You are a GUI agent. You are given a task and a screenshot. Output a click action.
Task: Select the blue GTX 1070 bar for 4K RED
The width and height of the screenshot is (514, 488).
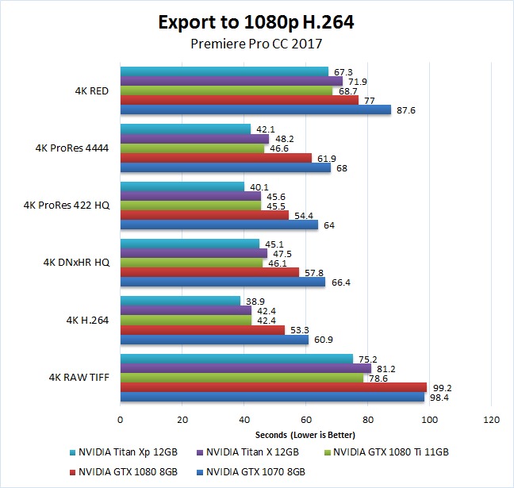click(x=255, y=110)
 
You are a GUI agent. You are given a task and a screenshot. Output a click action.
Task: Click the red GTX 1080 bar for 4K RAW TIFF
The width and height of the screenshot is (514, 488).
click(x=274, y=387)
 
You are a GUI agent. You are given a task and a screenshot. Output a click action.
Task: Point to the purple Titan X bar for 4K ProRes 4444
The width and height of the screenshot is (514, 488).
click(x=194, y=139)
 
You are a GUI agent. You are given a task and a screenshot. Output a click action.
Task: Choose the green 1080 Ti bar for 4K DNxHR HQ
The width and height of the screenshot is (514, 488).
click(x=191, y=263)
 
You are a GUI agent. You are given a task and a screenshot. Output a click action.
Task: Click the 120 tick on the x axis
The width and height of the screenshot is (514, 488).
click(x=491, y=419)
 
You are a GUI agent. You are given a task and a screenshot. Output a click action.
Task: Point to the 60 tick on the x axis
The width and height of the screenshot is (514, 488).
click(x=305, y=419)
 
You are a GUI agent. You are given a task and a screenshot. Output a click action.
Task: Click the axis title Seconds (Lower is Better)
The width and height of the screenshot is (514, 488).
click(x=305, y=434)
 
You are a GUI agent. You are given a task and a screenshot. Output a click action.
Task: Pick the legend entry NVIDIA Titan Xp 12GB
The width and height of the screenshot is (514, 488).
click(x=133, y=452)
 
